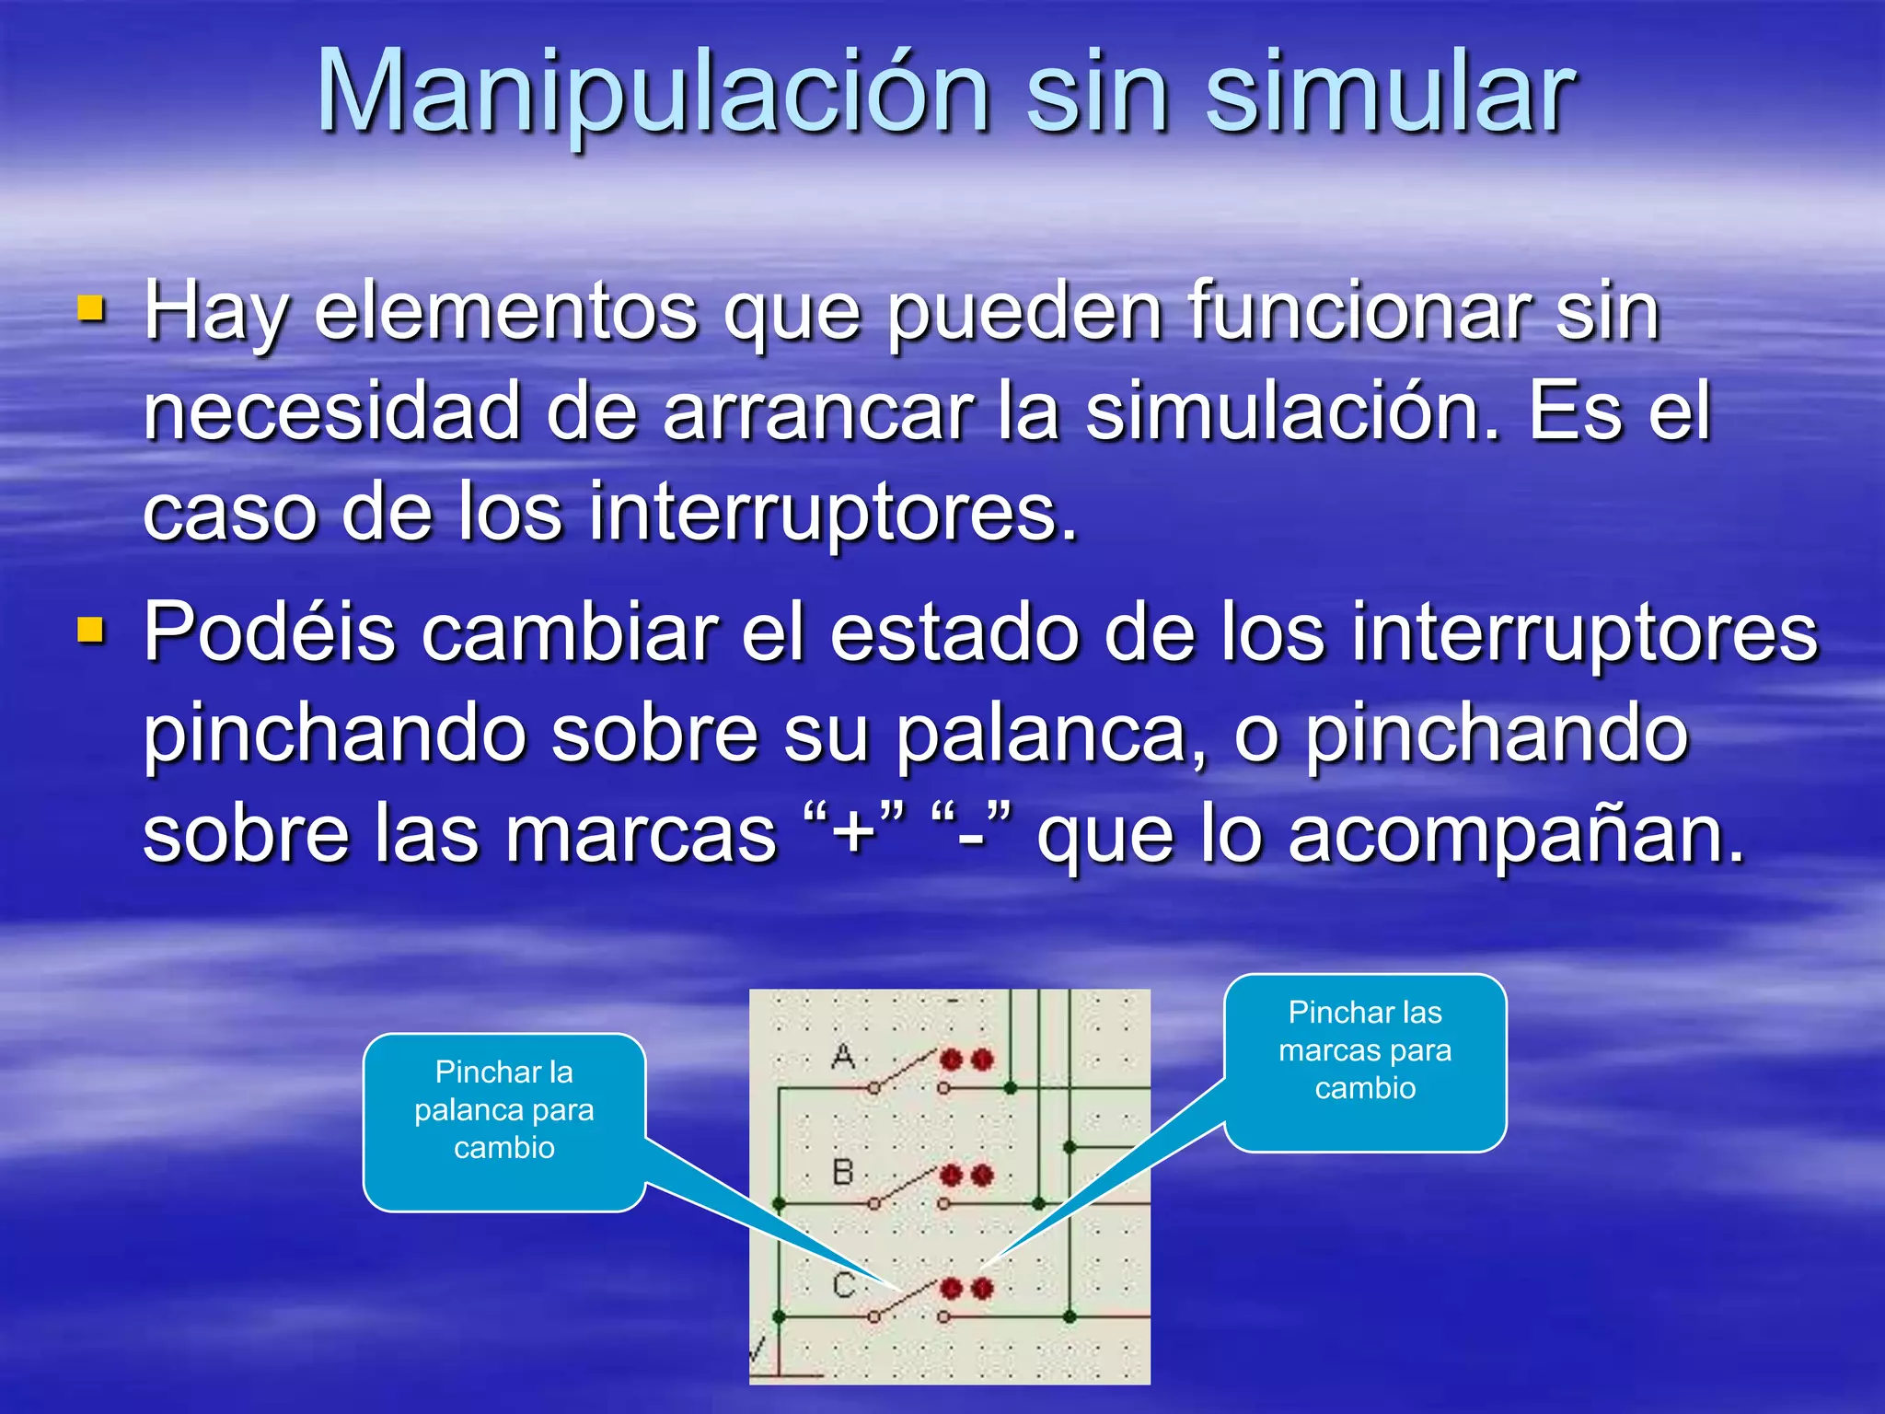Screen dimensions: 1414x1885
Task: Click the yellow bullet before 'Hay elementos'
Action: point(91,309)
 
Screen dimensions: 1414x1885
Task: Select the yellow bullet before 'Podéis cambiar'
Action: point(91,631)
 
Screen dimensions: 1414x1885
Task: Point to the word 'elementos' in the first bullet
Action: point(505,311)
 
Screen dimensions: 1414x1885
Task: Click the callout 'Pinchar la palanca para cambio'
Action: point(503,1110)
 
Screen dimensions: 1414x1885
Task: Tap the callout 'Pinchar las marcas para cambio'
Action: point(1365,1050)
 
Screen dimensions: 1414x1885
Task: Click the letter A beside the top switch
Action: point(843,1056)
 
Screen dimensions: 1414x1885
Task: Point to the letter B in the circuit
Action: point(843,1172)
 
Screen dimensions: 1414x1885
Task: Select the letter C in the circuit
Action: point(844,1285)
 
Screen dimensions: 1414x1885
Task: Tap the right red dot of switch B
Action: point(982,1176)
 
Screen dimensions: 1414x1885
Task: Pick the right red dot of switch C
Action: point(982,1288)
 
